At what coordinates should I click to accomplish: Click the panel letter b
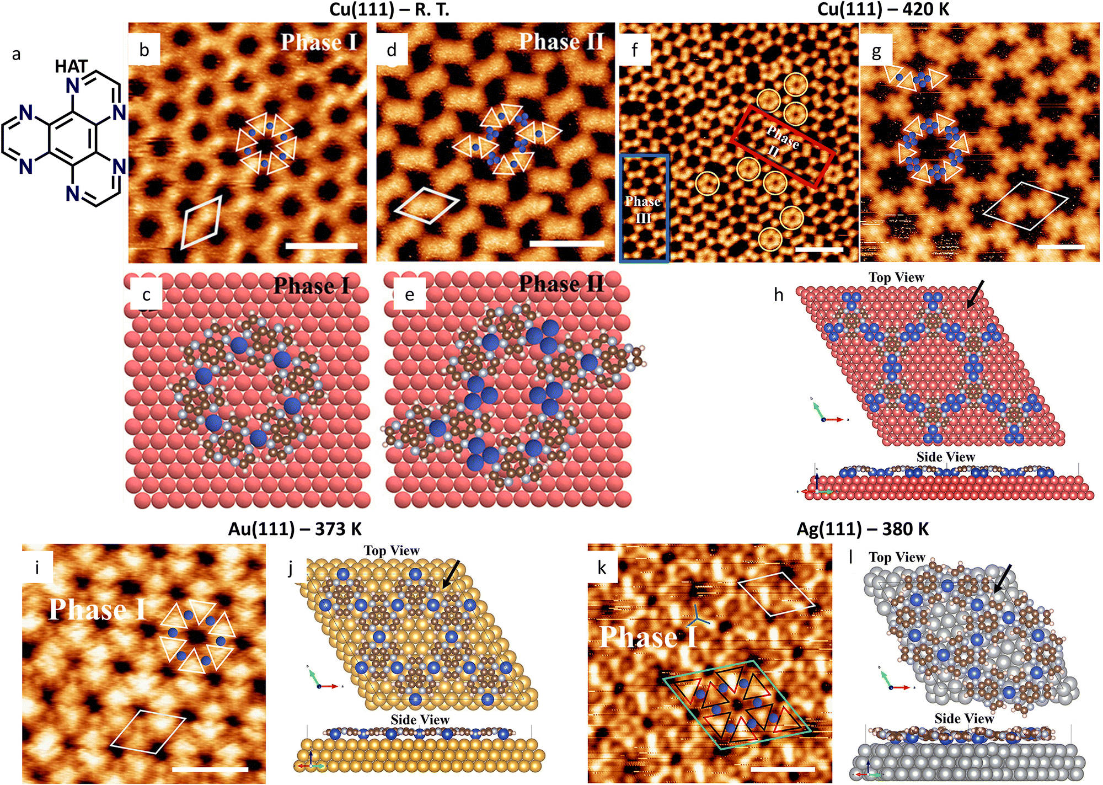tap(144, 50)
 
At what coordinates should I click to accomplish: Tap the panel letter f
tap(634, 50)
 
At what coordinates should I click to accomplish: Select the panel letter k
tap(602, 567)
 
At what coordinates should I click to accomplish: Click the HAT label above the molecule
tap(71, 67)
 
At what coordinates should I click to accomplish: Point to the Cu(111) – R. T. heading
tap(389, 9)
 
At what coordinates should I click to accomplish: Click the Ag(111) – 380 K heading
tap(863, 530)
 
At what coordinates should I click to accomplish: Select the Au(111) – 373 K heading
tap(295, 530)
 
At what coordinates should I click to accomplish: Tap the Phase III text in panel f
tap(643, 210)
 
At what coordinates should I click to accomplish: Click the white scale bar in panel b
tap(322, 246)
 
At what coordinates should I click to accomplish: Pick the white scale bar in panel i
tap(210, 768)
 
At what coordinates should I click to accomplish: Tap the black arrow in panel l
tap(1003, 579)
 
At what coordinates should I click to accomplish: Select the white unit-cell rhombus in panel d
tap(426, 205)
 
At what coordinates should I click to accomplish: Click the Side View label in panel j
tap(420, 720)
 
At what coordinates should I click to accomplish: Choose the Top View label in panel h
tap(896, 277)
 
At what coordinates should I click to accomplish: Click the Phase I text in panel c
tap(312, 286)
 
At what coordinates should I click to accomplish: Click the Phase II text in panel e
tap(561, 284)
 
